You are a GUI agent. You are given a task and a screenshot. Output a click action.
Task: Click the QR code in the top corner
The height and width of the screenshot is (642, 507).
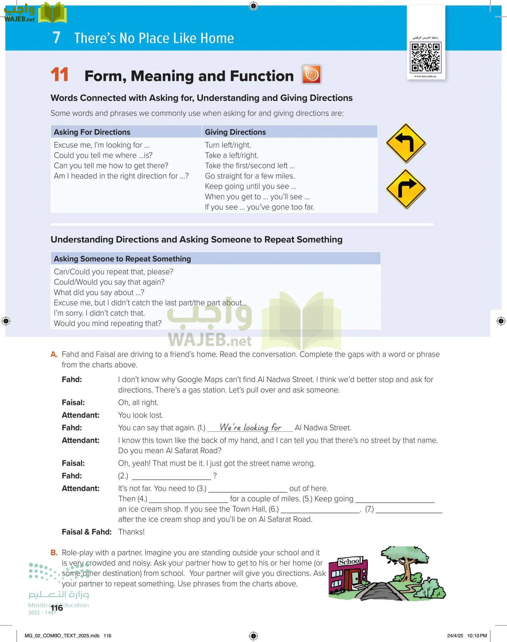426,57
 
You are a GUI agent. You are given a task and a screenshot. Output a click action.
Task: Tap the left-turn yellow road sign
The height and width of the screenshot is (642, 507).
406,143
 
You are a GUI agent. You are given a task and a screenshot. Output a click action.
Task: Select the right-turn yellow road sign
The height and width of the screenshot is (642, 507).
406,189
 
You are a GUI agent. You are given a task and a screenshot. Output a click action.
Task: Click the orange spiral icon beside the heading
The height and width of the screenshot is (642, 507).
311,74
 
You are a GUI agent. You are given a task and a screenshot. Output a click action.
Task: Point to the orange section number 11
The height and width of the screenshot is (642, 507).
60,75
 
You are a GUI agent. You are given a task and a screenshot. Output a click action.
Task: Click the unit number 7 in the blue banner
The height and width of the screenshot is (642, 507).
56,38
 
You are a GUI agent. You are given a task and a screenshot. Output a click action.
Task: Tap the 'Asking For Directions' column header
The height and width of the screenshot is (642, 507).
92,132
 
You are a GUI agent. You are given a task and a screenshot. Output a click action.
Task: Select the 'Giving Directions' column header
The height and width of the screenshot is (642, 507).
235,132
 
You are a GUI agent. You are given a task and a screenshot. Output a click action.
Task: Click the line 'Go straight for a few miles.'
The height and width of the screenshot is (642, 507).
250,176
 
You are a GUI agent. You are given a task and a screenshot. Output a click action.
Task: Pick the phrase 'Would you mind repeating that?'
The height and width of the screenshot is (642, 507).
107,323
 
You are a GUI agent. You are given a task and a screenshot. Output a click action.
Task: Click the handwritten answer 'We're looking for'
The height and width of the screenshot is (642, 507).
250,427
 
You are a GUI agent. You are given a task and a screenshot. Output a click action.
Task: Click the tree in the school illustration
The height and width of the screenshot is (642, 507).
405,560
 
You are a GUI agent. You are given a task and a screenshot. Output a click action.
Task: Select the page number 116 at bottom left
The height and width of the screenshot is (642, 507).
57,608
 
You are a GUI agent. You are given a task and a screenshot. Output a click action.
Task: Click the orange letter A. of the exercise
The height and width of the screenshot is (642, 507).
54,355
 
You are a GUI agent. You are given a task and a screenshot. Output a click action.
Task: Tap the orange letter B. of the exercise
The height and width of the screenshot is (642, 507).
54,553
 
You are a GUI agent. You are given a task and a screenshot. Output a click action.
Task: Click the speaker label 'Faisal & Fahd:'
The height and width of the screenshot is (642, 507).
87,532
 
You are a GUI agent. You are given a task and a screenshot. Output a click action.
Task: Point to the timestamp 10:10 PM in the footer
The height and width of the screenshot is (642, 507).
477,636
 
